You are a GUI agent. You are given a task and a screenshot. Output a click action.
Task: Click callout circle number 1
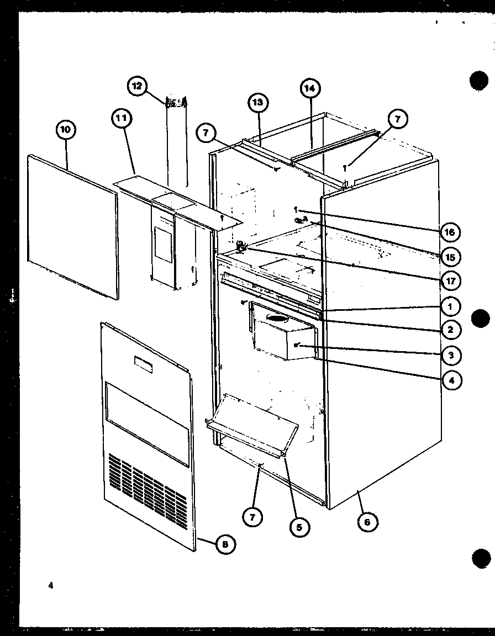point(450,305)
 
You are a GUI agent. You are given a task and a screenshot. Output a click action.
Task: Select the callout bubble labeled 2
point(450,330)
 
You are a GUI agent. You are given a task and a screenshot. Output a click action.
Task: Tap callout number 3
point(450,355)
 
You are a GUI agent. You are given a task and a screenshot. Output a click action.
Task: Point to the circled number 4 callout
point(450,380)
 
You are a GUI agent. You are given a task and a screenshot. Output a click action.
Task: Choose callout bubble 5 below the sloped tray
point(299,527)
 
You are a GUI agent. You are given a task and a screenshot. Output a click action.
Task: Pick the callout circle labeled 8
point(224,544)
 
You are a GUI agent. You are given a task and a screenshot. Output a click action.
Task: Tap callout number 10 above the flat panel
point(66,130)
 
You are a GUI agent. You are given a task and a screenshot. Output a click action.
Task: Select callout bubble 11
point(122,118)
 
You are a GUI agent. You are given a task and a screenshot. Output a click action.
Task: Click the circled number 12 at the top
point(138,86)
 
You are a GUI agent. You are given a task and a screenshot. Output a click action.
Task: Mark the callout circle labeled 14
point(310,88)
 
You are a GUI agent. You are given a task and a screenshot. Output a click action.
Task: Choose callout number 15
point(450,257)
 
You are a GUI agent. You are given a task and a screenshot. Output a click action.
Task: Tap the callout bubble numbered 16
point(450,232)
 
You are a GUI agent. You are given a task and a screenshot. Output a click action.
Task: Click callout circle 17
point(450,280)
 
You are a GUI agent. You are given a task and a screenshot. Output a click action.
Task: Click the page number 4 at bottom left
point(50,587)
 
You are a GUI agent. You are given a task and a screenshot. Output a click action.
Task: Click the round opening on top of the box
point(279,318)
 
